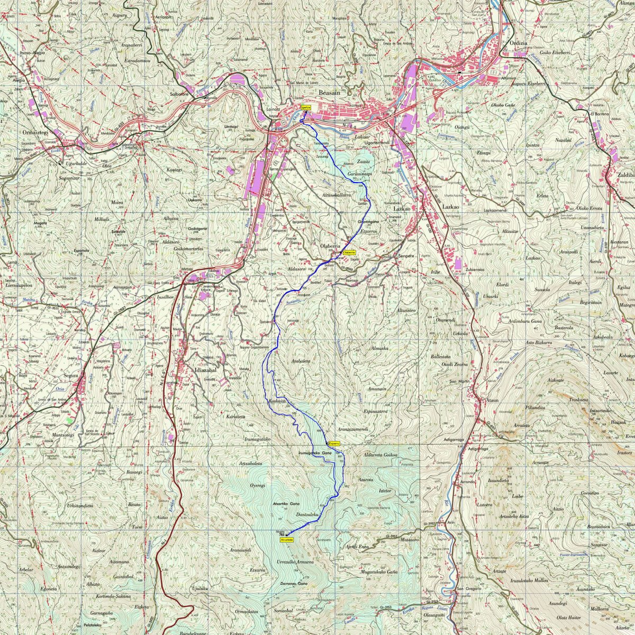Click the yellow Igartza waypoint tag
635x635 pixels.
click(305, 107)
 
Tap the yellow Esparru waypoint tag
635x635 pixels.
click(333, 443)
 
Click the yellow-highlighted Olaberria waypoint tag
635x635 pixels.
click(349, 253)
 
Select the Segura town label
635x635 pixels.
click(70, 376)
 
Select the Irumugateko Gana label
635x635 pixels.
click(315, 453)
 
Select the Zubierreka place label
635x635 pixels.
click(475, 269)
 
